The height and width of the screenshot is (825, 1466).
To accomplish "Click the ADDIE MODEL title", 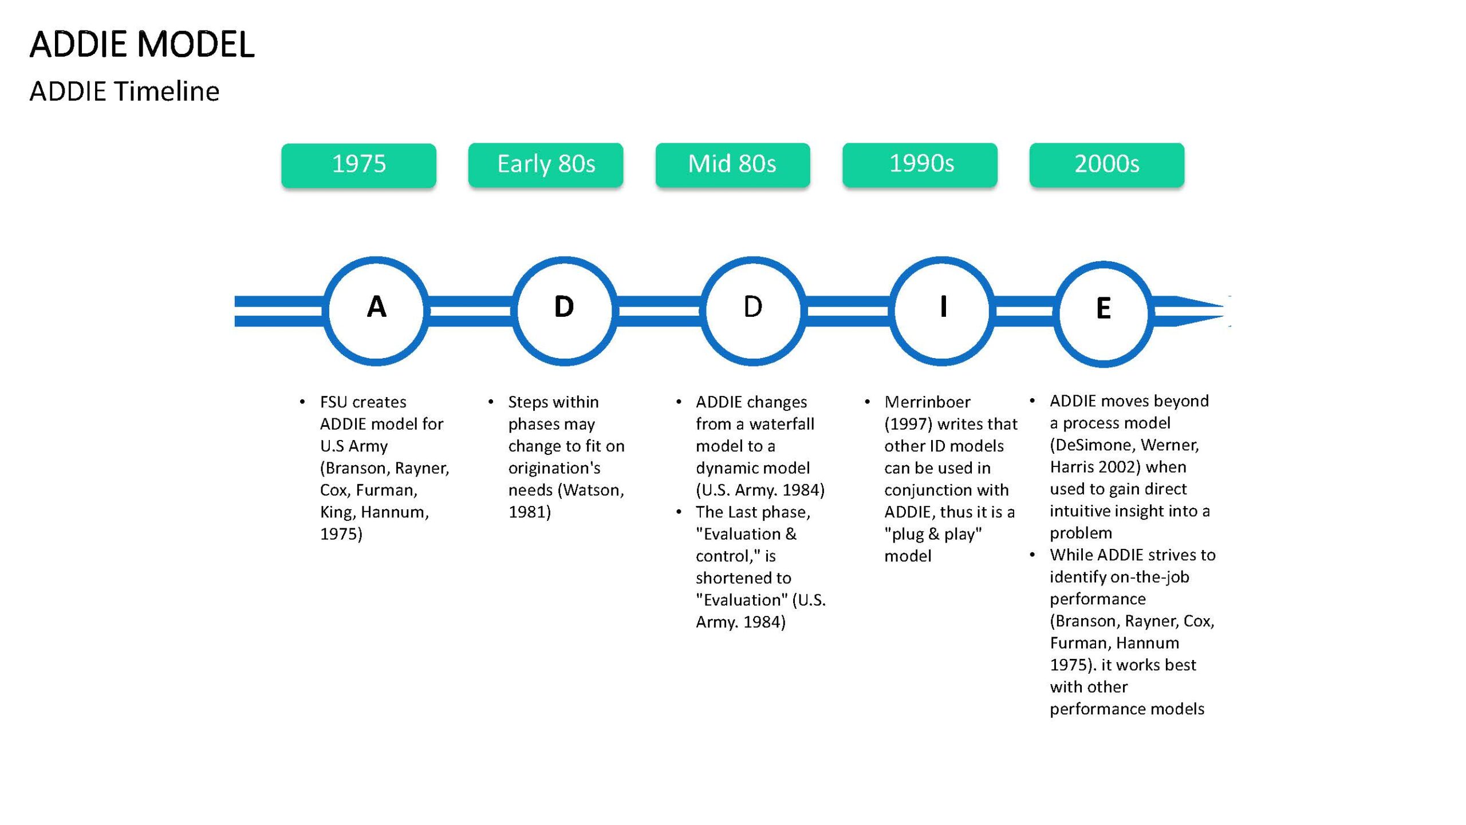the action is pyautogui.click(x=142, y=44).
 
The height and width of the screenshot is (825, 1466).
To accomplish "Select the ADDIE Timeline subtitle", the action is pyautogui.click(x=124, y=91).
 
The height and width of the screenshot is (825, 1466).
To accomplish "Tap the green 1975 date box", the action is pyautogui.click(x=358, y=165).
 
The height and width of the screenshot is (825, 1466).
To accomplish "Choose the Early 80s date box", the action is pyautogui.click(x=546, y=165).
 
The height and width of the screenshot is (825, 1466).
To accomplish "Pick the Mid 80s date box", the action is pyautogui.click(x=733, y=165).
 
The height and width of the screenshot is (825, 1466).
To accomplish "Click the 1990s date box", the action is pyautogui.click(x=920, y=165).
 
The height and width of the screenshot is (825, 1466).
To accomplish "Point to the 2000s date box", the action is pyautogui.click(x=1107, y=165).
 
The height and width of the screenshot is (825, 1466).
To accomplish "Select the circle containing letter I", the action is pyautogui.click(x=893, y=311).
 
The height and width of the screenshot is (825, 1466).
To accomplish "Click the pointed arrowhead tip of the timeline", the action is pyautogui.click(x=1224, y=311).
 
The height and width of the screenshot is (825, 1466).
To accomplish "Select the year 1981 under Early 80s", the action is pyautogui.click(x=526, y=512).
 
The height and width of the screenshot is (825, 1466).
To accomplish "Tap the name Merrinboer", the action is pyautogui.click(x=927, y=402).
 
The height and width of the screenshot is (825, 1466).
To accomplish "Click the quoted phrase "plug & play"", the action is pyautogui.click(x=933, y=534).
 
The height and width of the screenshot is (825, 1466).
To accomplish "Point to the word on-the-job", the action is pyautogui.click(x=1150, y=577).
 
